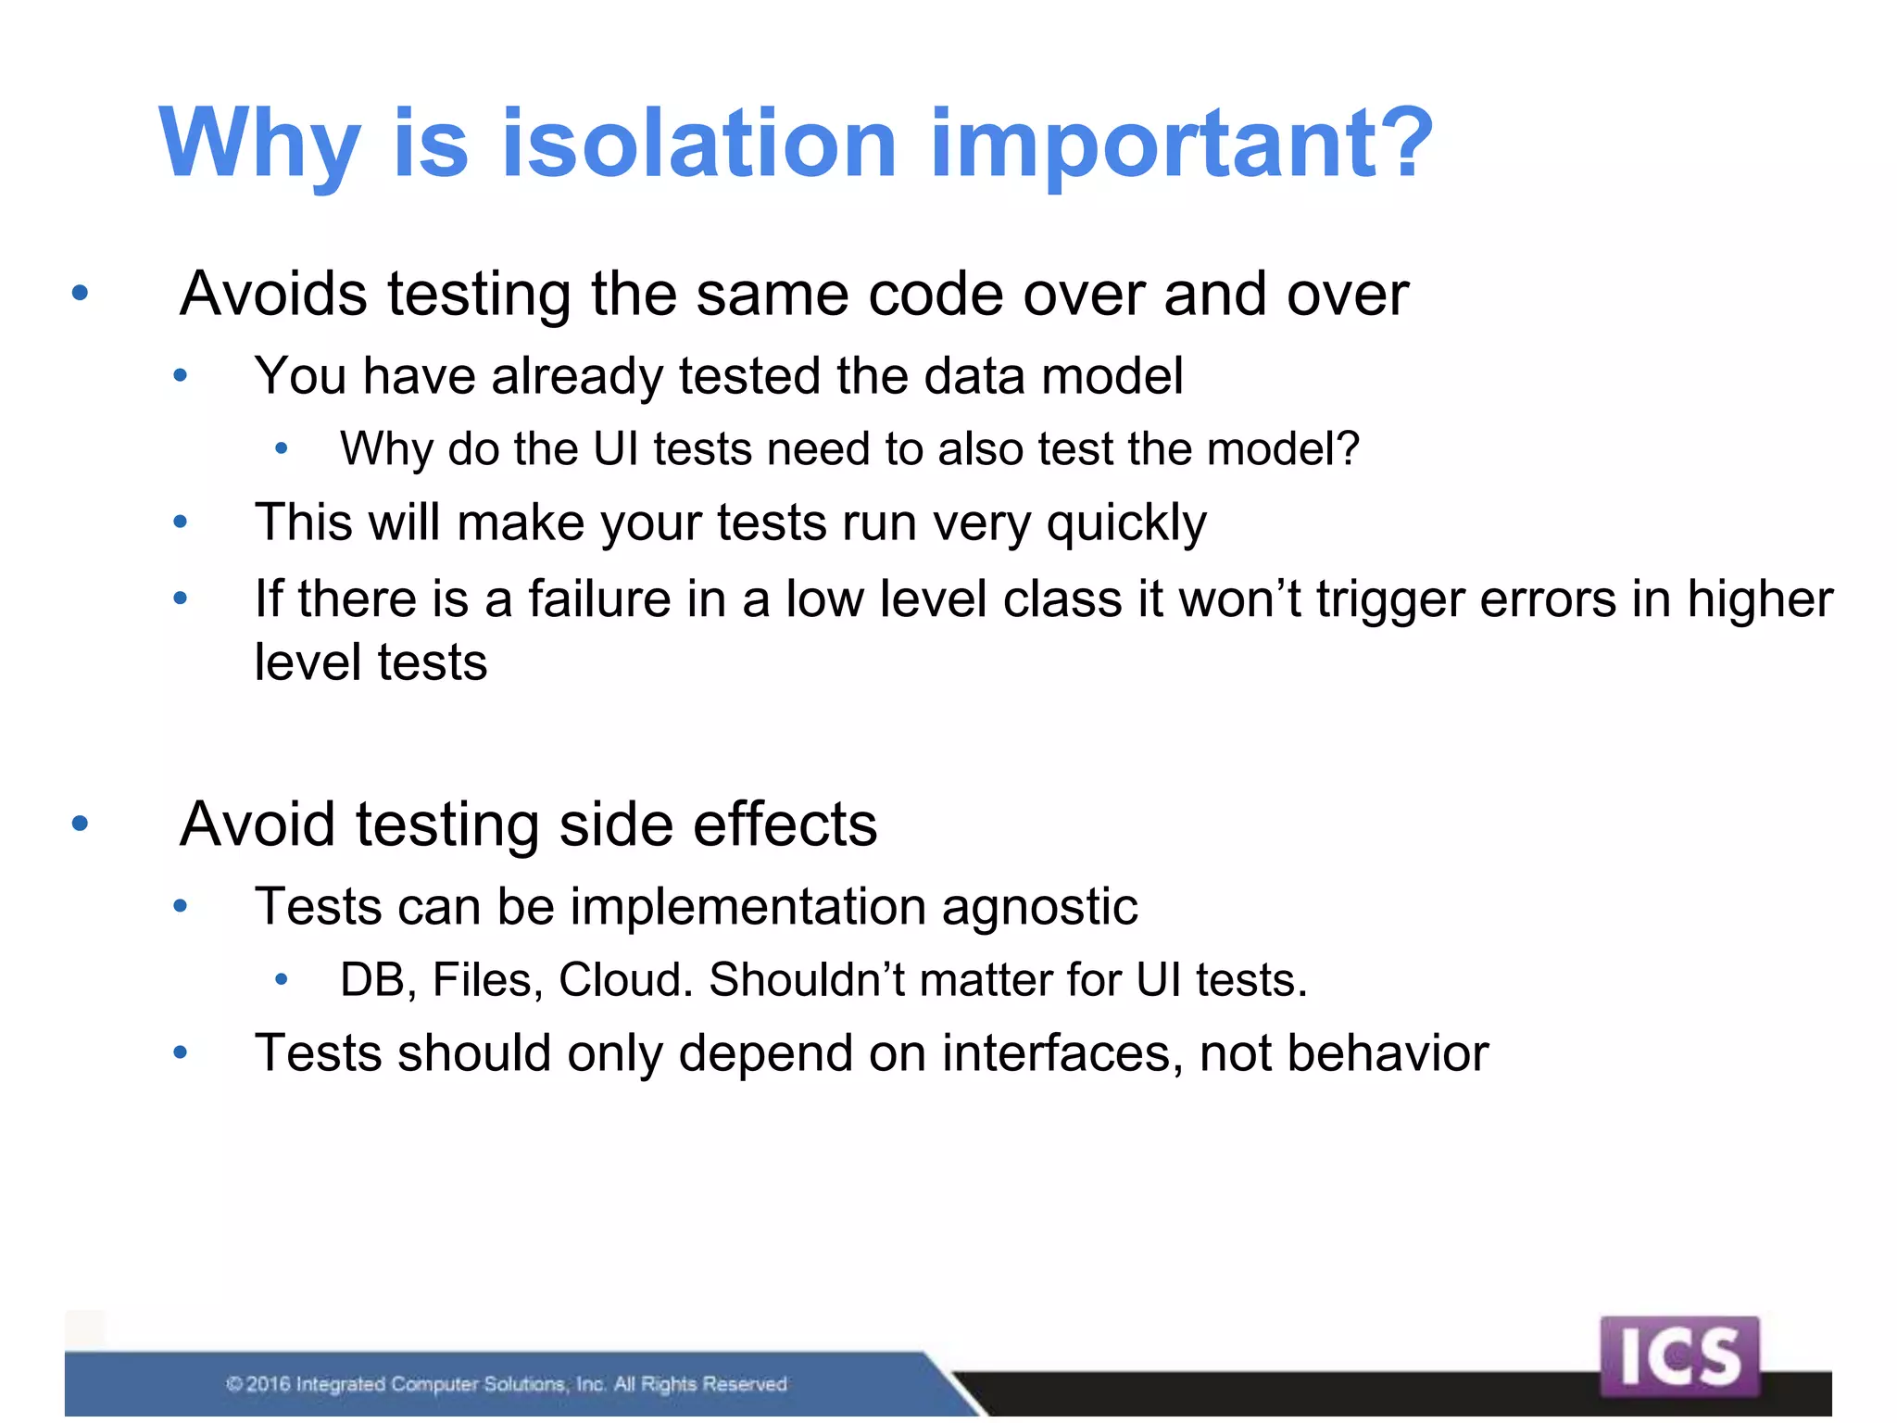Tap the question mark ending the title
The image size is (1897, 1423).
point(1404,144)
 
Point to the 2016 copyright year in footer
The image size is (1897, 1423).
point(269,1384)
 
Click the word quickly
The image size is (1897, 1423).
point(1126,524)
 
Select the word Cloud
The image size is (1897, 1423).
point(625,980)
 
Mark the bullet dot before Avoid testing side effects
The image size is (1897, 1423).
point(80,823)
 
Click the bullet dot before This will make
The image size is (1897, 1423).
point(181,523)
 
